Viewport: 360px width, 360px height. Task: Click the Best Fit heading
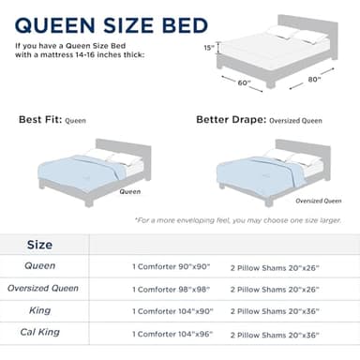point(49,121)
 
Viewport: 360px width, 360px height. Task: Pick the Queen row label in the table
point(39,266)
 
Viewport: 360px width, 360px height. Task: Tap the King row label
point(39,310)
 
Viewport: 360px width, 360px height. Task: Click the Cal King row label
point(39,333)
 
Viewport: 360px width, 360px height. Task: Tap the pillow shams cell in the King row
point(278,311)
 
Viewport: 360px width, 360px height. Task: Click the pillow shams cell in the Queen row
point(278,266)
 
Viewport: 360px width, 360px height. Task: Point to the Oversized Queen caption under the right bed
point(316,201)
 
